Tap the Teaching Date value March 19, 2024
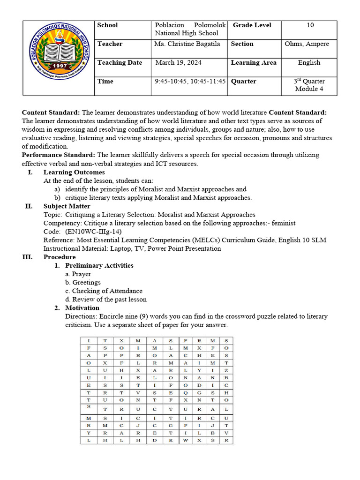[x=175, y=62]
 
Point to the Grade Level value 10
[x=310, y=25]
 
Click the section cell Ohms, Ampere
[x=307, y=44]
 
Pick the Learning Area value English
[x=309, y=62]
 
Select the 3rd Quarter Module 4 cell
[x=309, y=85]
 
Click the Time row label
[x=105, y=81]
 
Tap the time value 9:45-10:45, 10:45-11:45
[x=190, y=81]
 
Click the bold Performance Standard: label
[x=59, y=155]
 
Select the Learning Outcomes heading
[x=74, y=172]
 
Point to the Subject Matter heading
[x=67, y=206]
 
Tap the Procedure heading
[x=60, y=257]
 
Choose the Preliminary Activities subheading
[x=99, y=265]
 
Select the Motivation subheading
[x=82, y=307]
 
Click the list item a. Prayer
[x=78, y=274]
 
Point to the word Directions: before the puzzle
[x=81, y=316]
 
